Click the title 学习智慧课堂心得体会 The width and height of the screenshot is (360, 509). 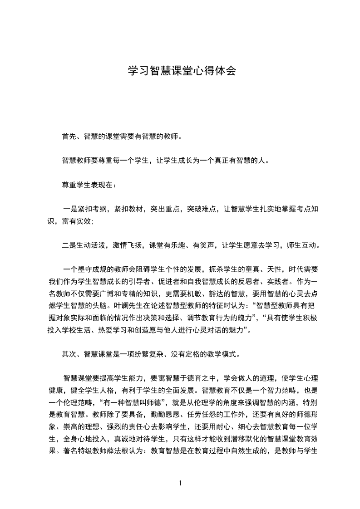(x=180, y=71)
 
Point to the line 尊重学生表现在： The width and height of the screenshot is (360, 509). (x=89, y=185)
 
